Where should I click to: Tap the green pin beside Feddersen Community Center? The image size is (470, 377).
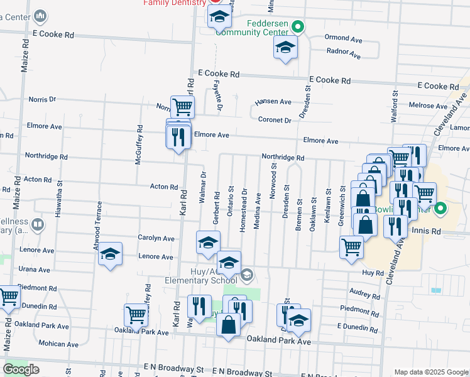(299, 27)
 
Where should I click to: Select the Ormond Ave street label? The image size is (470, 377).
(344, 39)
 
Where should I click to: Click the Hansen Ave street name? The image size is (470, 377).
(273, 102)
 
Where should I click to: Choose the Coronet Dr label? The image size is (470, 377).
(275, 120)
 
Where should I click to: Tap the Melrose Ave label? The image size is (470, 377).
(427, 106)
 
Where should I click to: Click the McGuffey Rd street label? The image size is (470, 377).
(139, 145)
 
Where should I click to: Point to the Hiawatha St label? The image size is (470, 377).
(58, 198)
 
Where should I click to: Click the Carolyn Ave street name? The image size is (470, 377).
(156, 238)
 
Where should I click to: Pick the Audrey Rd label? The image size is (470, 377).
(364, 293)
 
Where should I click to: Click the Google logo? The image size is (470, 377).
(21, 369)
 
